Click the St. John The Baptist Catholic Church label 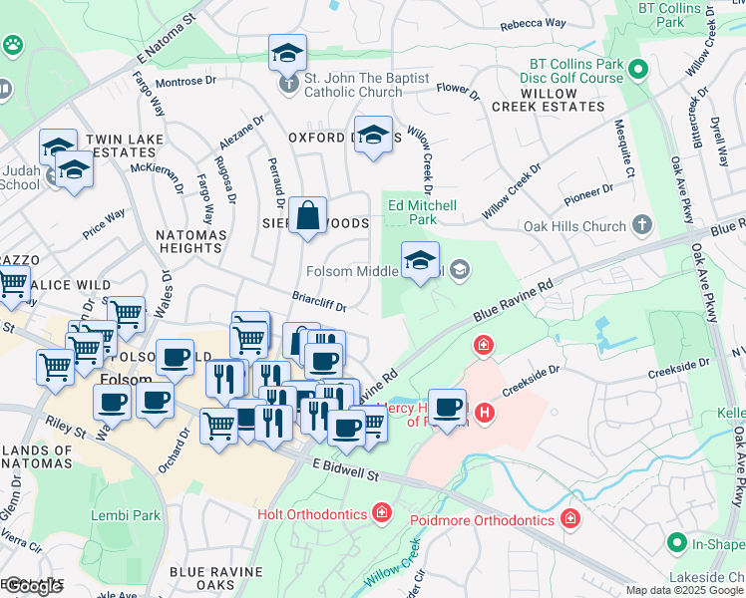[366, 85]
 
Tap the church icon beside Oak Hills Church [643, 225]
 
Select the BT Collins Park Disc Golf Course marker [638, 71]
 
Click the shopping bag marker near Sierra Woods [309, 215]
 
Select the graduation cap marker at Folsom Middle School [421, 260]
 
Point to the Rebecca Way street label [533, 23]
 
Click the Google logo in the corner [32, 585]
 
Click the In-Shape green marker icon [677, 543]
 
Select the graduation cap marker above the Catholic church [287, 53]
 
